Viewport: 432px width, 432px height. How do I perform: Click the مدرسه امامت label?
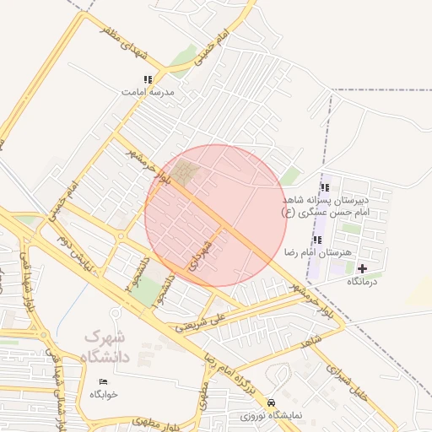(x=148, y=90)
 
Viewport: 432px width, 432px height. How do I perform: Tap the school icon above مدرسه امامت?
(x=148, y=79)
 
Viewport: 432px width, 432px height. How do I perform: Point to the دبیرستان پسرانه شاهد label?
(x=337, y=201)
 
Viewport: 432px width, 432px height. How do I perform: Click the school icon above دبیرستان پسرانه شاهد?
(x=325, y=188)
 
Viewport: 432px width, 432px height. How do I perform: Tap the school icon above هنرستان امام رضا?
(x=317, y=240)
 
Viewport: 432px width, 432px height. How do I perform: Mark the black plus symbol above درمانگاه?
(x=363, y=268)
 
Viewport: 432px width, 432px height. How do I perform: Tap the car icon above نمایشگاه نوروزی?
(x=272, y=402)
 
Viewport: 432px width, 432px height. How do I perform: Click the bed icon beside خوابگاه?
(x=104, y=382)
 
